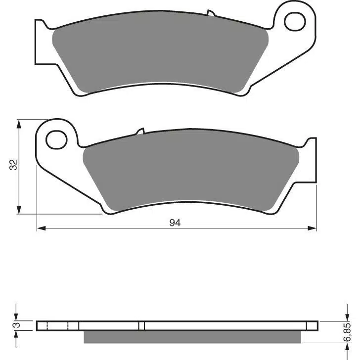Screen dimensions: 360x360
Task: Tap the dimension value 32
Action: [14, 165]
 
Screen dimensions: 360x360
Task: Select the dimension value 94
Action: [175, 223]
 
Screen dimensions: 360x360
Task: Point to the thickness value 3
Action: [15, 325]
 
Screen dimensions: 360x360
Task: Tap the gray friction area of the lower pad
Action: [190, 173]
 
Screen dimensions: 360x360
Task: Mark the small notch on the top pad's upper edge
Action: [210, 12]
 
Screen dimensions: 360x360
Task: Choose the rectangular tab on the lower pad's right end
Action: [310, 161]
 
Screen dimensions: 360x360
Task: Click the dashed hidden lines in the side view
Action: [57, 326]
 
